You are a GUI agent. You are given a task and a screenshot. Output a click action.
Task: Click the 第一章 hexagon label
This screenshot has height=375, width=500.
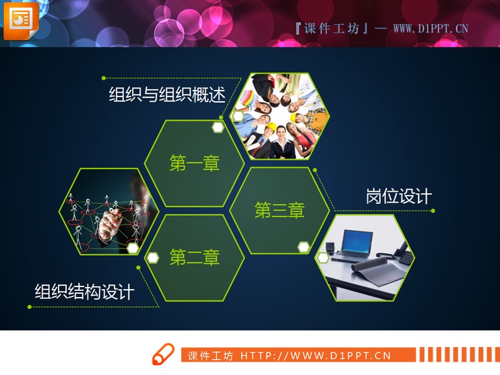(195, 163)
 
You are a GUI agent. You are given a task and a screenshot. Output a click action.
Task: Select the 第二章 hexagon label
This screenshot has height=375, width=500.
(195, 257)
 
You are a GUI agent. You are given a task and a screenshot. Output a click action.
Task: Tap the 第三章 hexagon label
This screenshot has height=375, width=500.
(279, 210)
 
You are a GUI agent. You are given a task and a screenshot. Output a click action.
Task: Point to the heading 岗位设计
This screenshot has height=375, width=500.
(399, 196)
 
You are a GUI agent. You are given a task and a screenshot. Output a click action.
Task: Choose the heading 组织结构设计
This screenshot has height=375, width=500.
(85, 292)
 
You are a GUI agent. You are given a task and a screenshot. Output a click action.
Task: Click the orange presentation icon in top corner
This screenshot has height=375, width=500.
(21, 20)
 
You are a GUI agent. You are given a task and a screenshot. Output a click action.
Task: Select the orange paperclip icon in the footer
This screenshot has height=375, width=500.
(163, 355)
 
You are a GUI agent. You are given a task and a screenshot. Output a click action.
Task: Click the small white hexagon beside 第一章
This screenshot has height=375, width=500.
(218, 127)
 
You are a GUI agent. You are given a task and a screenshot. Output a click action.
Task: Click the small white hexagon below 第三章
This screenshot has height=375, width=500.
(304, 247)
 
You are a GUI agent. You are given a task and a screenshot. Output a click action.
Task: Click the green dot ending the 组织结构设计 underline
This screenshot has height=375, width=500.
(29, 307)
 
